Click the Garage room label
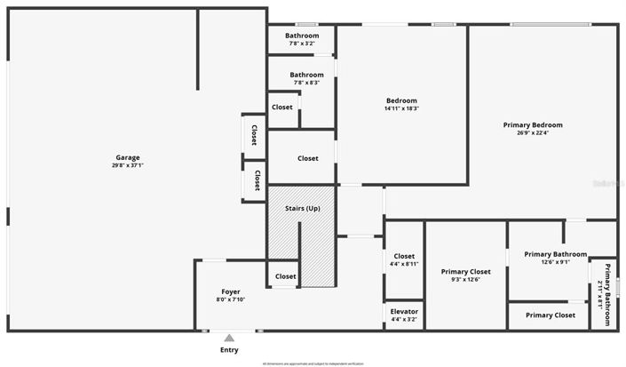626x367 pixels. pos(127,157)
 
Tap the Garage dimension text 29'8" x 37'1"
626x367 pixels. pos(127,165)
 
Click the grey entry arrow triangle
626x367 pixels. pos(229,338)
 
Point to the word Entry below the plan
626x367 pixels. pos(229,350)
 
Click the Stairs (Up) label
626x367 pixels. pos(302,208)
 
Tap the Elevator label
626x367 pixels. pos(404,312)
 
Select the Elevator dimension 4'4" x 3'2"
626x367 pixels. pos(404,320)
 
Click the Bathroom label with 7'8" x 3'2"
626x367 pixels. pos(302,36)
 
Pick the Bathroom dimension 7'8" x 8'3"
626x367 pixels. pos(302,83)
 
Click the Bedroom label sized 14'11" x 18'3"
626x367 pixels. pos(401,100)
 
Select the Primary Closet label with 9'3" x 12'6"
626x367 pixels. pos(466,271)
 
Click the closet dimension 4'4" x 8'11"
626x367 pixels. pos(404,264)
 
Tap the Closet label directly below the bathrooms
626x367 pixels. pos(282,108)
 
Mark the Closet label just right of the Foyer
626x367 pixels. pos(285,276)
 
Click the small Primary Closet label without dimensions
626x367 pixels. pos(551,315)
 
